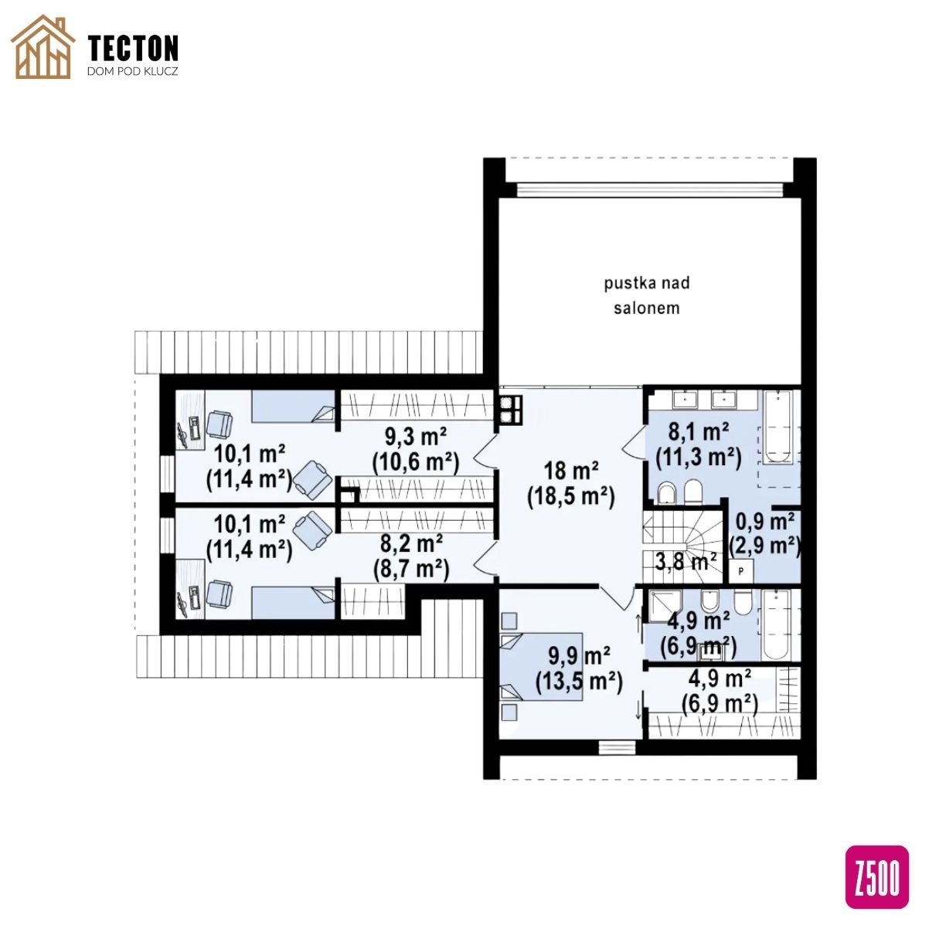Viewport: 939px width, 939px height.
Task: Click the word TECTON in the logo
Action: click(134, 48)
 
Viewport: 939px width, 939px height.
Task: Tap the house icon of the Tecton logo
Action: click(43, 46)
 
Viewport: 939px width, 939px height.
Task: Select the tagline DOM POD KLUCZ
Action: click(132, 71)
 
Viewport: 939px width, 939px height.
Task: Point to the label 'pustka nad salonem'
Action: click(647, 295)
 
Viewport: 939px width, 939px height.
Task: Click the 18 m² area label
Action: click(571, 471)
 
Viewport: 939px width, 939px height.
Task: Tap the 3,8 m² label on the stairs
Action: click(686, 561)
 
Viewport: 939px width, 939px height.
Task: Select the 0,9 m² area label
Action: click(765, 522)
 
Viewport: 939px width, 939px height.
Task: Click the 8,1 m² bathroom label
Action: click(699, 432)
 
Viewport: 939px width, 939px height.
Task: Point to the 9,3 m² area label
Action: click(416, 437)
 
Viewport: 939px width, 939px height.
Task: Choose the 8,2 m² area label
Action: click(411, 543)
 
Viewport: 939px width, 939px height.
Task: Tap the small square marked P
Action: click(741, 571)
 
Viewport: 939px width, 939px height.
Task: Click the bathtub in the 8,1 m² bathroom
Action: click(777, 427)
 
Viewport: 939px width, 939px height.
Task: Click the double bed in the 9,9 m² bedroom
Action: click(542, 667)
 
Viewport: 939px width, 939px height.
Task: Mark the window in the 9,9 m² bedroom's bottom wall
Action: click(617, 747)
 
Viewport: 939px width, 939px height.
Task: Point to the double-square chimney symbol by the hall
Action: click(510, 408)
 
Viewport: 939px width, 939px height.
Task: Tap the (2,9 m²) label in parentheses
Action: click(765, 546)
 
